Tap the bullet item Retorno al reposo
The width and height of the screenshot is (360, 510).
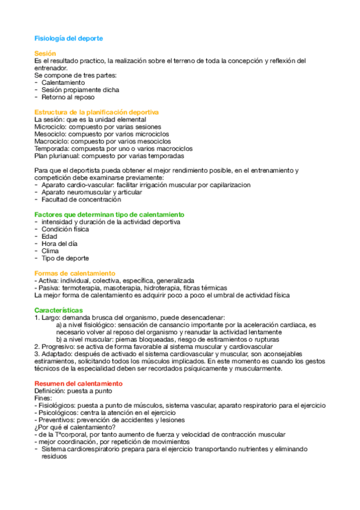tap(68, 97)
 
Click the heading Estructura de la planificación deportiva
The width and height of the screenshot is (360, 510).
tap(96, 112)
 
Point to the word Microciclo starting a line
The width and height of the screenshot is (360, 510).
tap(50, 127)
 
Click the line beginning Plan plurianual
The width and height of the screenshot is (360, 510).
tap(96, 156)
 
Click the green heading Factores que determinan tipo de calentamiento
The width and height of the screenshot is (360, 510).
tap(109, 214)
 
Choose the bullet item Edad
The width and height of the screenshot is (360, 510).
tap(49, 236)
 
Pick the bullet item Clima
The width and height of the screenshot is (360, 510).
tap(50, 251)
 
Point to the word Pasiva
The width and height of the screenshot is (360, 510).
tap(51, 287)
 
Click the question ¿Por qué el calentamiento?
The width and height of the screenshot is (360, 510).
tap(75, 427)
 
